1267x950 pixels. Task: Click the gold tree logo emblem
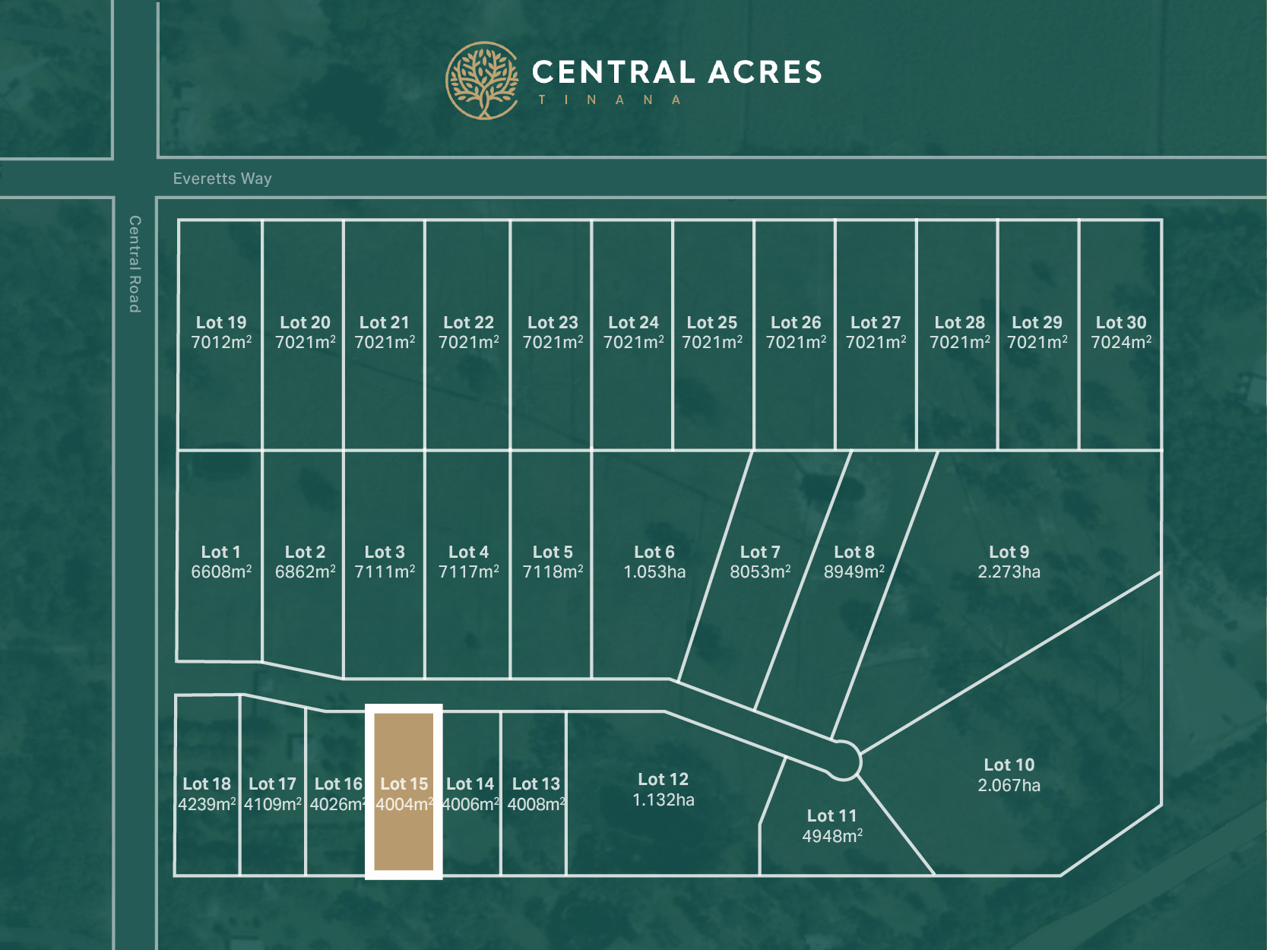[482, 81]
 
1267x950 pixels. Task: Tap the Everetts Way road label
[222, 179]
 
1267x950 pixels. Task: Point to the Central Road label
[135, 264]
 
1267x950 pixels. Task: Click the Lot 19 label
[221, 322]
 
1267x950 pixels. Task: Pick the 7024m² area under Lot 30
[1120, 343]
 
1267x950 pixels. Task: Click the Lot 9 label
[1009, 552]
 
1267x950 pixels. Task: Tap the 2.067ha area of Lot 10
[1009, 785]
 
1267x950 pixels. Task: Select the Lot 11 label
[831, 815]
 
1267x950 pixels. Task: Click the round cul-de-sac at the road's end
[842, 760]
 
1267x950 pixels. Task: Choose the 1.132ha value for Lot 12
[663, 800]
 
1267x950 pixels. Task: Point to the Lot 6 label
[654, 552]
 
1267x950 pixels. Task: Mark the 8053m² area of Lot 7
[760, 572]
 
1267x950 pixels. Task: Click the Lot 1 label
[220, 552]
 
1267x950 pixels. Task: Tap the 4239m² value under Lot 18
[207, 804]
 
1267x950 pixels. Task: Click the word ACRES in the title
[765, 72]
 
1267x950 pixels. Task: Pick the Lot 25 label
[711, 322]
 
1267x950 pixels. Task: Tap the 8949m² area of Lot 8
[854, 572]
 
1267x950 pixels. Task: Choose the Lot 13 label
[536, 784]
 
